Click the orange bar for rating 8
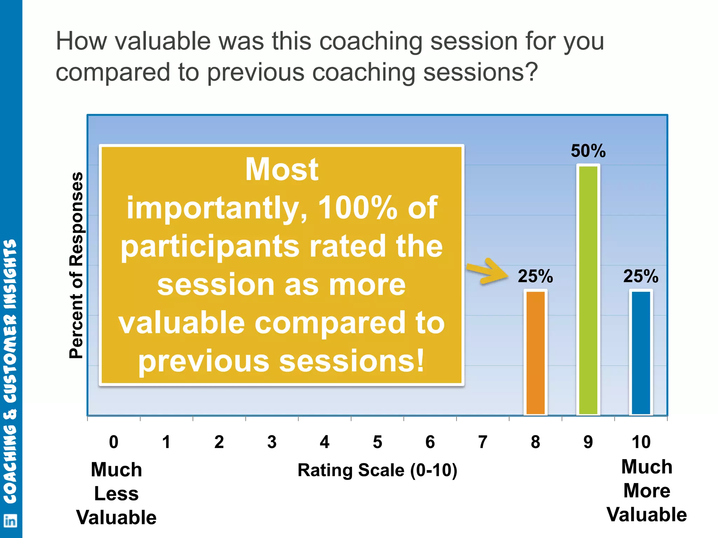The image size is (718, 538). pyautogui.click(x=535, y=352)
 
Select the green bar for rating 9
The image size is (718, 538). pyautogui.click(x=588, y=290)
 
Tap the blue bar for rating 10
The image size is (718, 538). pyautogui.click(x=641, y=352)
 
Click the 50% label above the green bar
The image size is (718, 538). pyautogui.click(x=588, y=151)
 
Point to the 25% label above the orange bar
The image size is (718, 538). pyautogui.click(x=535, y=276)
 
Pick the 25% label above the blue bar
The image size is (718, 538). pyautogui.click(x=641, y=276)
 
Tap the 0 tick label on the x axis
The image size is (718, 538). pyautogui.click(x=114, y=442)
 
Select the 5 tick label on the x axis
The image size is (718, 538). pyautogui.click(x=377, y=442)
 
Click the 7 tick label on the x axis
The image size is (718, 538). pyautogui.click(x=483, y=442)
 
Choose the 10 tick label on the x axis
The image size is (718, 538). pyautogui.click(x=641, y=442)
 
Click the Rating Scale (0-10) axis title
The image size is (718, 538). pyautogui.click(x=377, y=470)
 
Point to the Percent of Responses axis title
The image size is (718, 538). pyautogui.click(x=76, y=265)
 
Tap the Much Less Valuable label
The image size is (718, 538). pyautogui.click(x=116, y=494)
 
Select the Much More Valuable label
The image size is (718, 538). pyautogui.click(x=646, y=491)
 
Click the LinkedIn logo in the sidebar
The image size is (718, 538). pyautogui.click(x=10, y=521)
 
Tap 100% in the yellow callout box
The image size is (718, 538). pyautogui.click(x=357, y=208)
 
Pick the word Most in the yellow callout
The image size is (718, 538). pyautogui.click(x=282, y=169)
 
